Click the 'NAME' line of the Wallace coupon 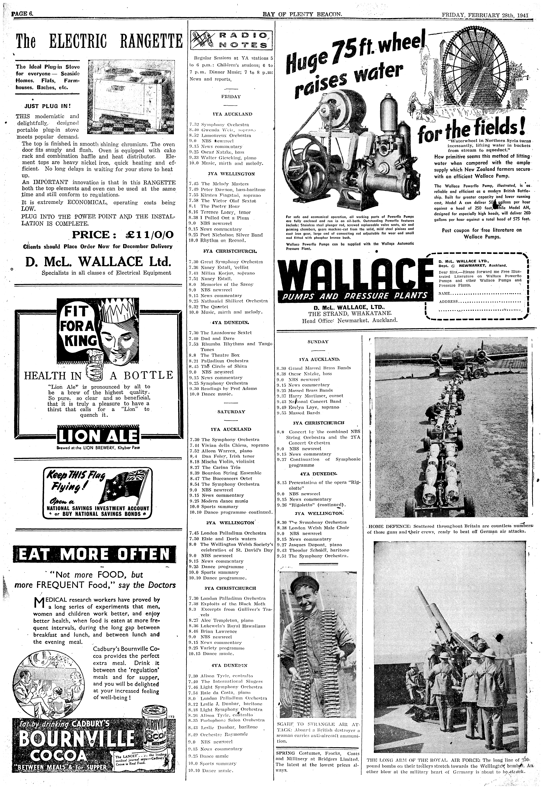tap(480, 293)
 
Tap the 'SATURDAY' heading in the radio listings tap(231, 412)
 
